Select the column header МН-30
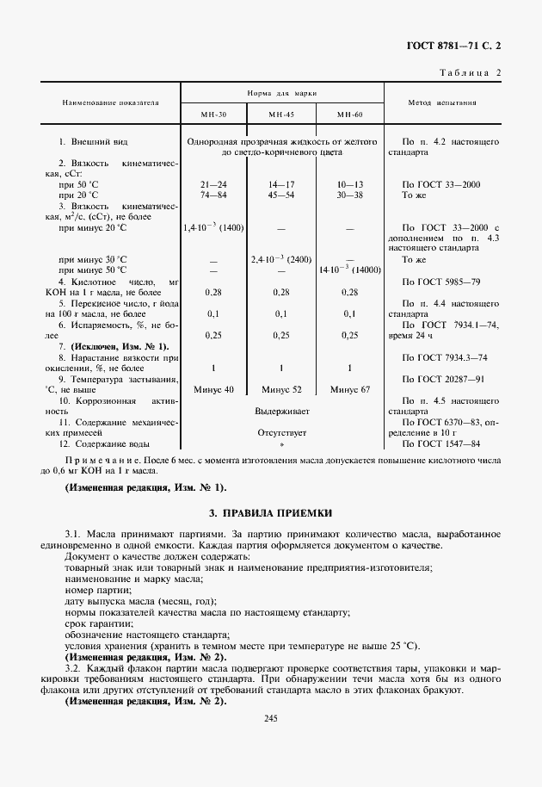pyautogui.click(x=212, y=115)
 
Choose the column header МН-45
pyautogui.click(x=280, y=115)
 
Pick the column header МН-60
pyautogui.click(x=349, y=115)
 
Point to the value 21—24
pyautogui.click(x=212, y=184)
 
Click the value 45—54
pyautogui.click(x=280, y=195)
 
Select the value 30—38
pyautogui.click(x=349, y=195)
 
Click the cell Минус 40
pyautogui.click(x=212, y=389)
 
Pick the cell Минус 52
pyautogui.click(x=280, y=389)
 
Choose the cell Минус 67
pyautogui.click(x=349, y=389)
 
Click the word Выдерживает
pyautogui.click(x=281, y=412)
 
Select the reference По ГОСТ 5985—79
pyautogui.click(x=440, y=282)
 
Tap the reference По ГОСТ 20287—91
pyautogui.click(x=441, y=379)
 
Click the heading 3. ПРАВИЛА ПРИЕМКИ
pyautogui.click(x=270, y=512)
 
